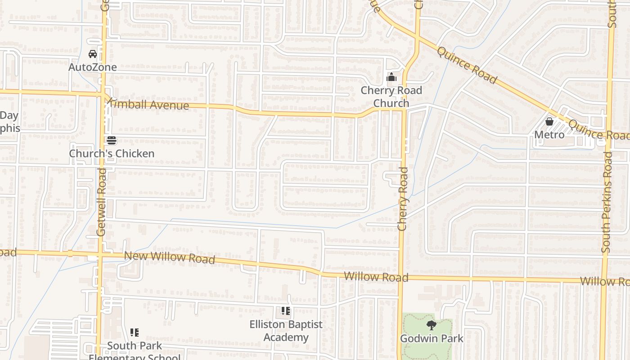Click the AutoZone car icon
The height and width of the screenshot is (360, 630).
coord(93,54)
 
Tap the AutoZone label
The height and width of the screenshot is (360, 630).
coord(93,67)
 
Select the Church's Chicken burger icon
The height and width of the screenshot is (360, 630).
coord(112,140)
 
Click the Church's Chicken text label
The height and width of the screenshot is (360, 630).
coord(112,153)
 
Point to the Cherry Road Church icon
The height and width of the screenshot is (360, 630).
coord(391,77)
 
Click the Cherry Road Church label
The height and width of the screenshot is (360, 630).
coord(391,97)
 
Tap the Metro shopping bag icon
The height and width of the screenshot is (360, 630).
coord(549,121)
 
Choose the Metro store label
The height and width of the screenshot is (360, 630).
coord(549,135)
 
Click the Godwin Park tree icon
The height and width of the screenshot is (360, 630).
coord(432,325)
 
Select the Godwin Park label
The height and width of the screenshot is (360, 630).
coord(432,338)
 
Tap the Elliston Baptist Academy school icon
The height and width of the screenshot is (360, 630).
coord(286,311)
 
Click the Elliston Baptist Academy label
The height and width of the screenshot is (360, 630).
coord(286,331)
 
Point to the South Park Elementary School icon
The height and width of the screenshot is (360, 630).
coord(135,333)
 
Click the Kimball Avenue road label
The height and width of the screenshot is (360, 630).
coord(148,105)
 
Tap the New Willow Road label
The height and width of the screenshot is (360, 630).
coord(169,257)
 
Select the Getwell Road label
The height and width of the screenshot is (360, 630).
coord(101,202)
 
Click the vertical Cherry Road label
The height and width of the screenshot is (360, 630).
coord(403,199)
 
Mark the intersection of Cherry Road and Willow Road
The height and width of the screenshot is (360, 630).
coord(400,278)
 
